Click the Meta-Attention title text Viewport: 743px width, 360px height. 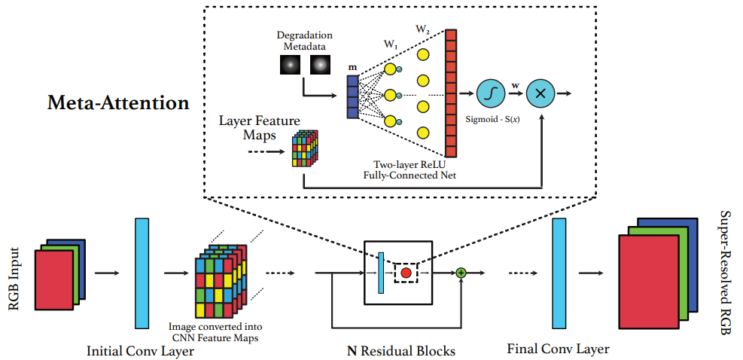[x=118, y=102]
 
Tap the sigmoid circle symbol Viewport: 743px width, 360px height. [x=490, y=94]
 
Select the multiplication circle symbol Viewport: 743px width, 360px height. [x=540, y=94]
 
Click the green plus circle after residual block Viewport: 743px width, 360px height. [x=462, y=273]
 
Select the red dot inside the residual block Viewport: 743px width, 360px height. [x=406, y=273]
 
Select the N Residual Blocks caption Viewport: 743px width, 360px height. [x=400, y=351]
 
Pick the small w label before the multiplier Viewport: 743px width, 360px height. [x=515, y=87]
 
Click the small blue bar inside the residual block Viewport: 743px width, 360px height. [x=382, y=272]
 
